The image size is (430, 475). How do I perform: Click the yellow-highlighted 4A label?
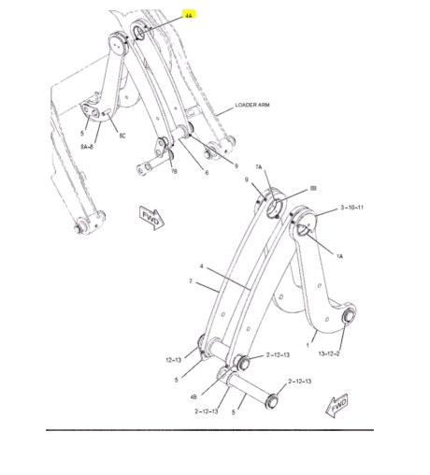(x=189, y=15)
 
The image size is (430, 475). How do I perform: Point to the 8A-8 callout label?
(x=90, y=145)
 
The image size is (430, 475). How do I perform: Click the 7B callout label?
(x=172, y=171)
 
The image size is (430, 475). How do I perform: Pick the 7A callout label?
(x=261, y=166)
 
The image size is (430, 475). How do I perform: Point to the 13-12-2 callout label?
(x=328, y=353)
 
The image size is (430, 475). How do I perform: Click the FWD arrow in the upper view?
(x=150, y=217)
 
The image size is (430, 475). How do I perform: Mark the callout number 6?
(x=207, y=171)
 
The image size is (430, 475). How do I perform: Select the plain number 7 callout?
(x=190, y=281)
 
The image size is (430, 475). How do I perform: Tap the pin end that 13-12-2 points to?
(x=349, y=319)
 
